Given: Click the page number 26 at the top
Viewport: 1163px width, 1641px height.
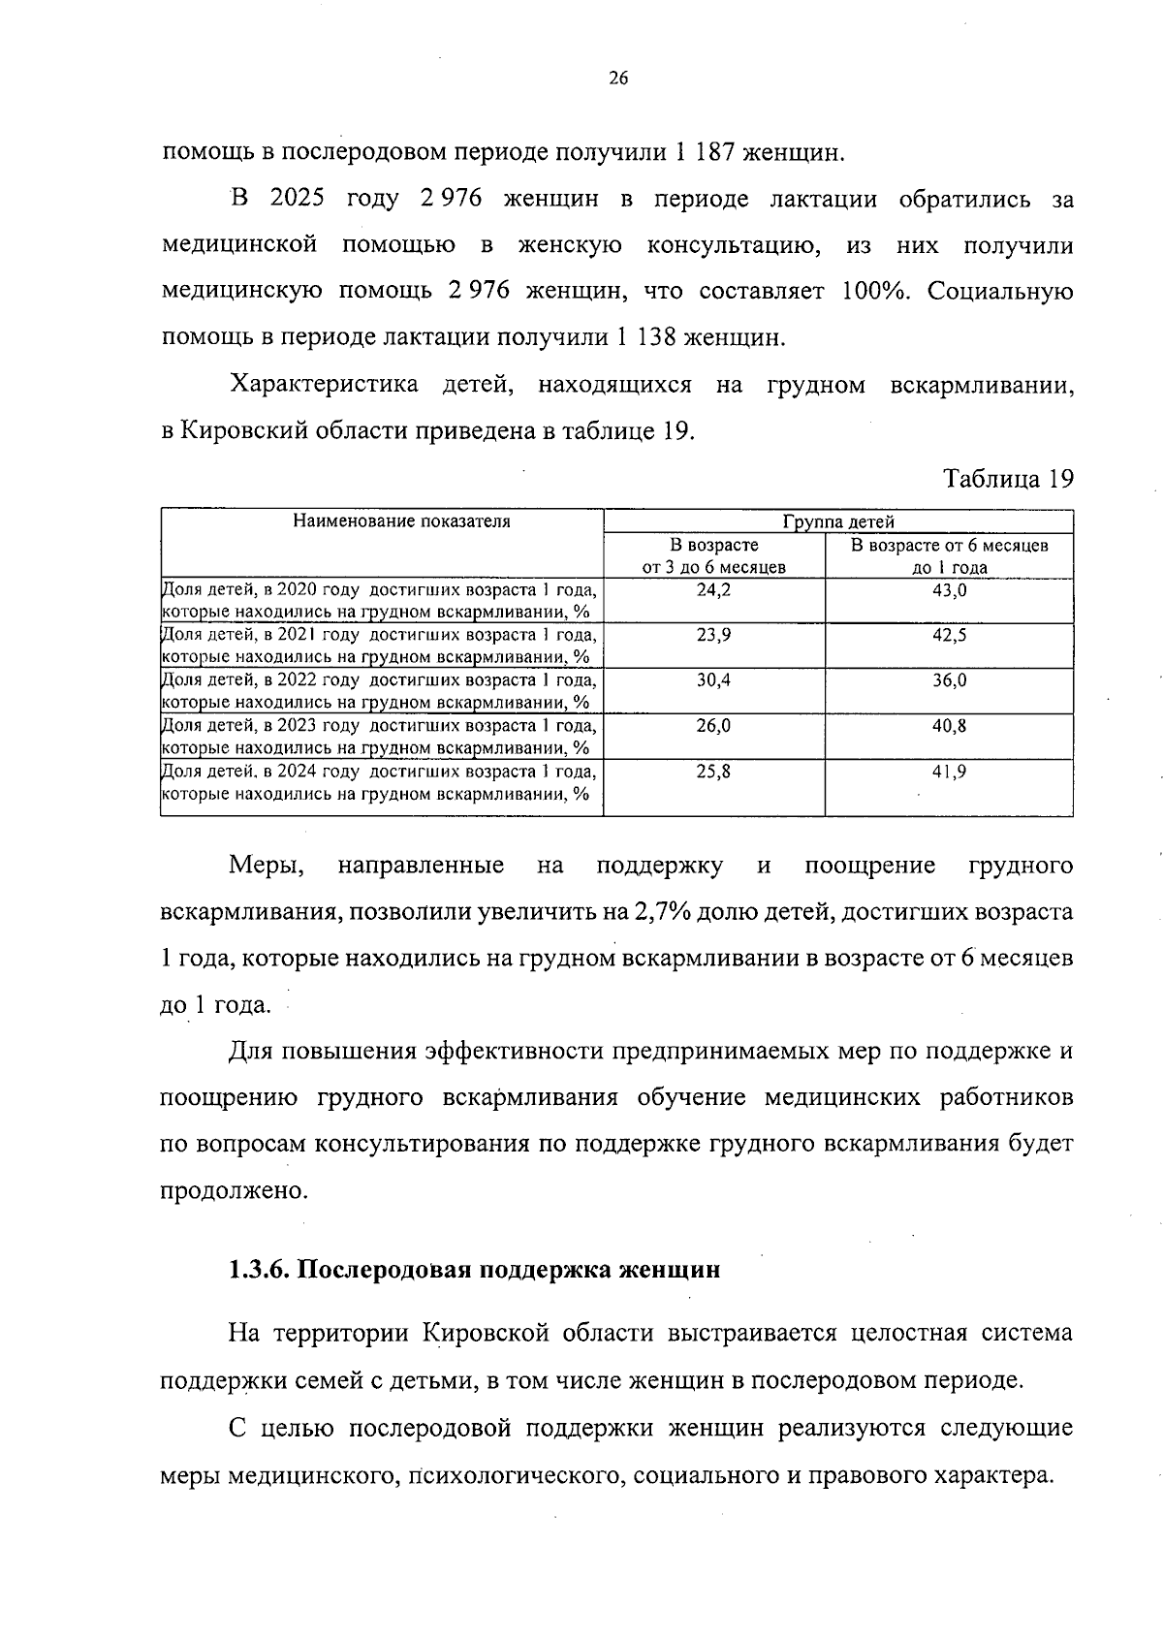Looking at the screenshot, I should (618, 79).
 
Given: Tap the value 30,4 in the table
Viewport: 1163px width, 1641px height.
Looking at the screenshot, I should (713, 681).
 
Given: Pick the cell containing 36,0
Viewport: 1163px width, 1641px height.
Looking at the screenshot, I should (949, 681).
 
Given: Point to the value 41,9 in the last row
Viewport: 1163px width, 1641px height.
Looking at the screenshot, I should (949, 773).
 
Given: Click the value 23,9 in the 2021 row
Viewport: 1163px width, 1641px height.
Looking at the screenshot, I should (713, 636).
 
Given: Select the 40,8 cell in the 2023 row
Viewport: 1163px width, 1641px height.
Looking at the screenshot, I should (949, 726).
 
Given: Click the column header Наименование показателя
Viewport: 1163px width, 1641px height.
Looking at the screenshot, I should (401, 521).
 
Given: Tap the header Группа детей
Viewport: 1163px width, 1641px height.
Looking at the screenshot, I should (838, 522).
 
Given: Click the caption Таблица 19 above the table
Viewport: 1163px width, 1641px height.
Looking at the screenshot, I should (1008, 479).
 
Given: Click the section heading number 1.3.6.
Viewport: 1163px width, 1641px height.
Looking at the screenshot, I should (259, 1270).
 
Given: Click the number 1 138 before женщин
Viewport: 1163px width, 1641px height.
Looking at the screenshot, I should (646, 339).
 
